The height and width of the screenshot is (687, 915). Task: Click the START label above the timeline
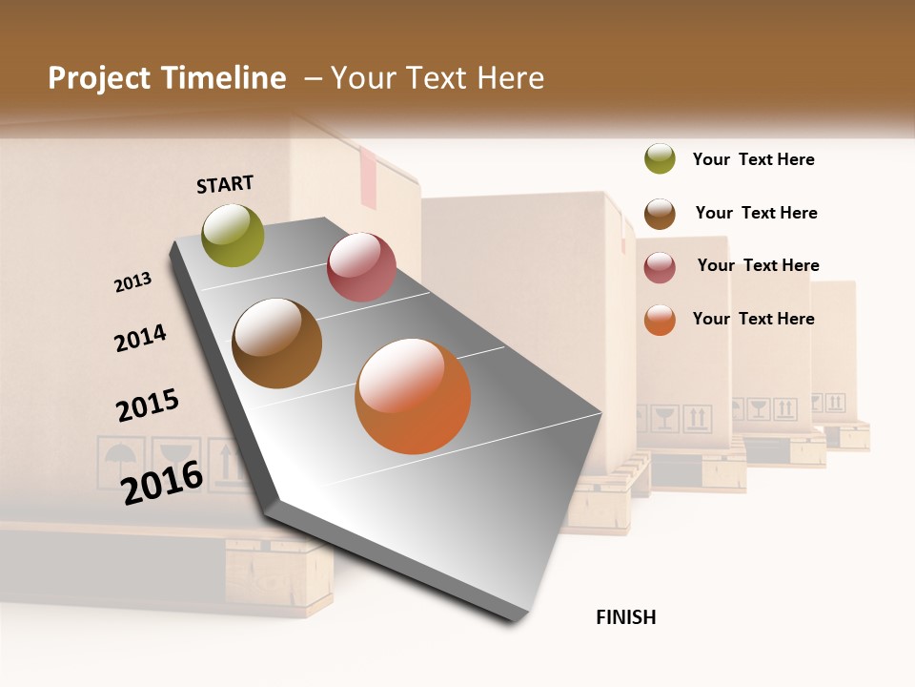tap(225, 184)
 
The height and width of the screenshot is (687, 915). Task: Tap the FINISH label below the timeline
tap(626, 617)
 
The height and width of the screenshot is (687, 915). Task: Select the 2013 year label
tap(132, 281)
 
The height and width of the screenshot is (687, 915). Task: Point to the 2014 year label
tap(140, 338)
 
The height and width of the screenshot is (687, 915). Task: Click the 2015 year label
tap(148, 406)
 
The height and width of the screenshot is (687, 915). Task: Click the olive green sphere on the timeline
tap(234, 236)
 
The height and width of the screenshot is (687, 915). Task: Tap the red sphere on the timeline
tap(361, 267)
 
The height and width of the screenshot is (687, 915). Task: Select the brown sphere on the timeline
tap(277, 343)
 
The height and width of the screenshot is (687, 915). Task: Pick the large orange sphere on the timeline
tap(413, 396)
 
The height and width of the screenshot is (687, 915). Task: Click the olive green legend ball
tap(660, 159)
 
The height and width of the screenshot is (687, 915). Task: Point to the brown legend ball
tap(660, 214)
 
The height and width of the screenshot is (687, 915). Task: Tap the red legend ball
tap(660, 267)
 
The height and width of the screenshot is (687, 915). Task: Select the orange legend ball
tap(660, 320)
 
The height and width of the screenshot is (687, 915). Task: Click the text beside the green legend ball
tap(753, 159)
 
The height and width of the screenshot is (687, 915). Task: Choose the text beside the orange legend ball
tap(753, 319)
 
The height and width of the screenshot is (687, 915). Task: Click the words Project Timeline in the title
tap(167, 78)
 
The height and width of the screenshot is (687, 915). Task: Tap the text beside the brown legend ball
tap(756, 213)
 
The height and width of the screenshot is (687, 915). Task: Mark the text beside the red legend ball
tap(758, 265)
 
